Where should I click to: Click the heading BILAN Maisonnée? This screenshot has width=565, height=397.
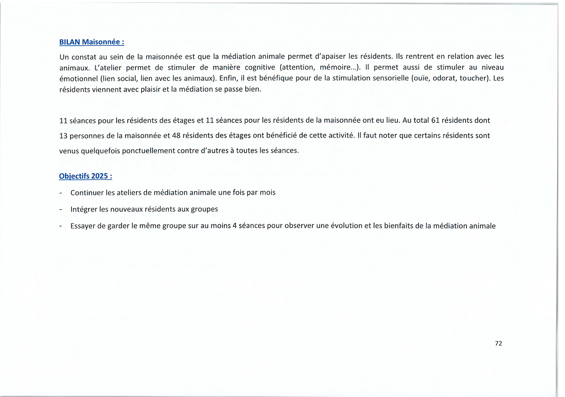[x=92, y=42]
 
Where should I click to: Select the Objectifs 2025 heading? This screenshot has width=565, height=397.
[x=85, y=176]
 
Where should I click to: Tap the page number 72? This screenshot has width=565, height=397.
[x=498, y=343]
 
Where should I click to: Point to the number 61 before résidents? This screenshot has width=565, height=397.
[x=435, y=120]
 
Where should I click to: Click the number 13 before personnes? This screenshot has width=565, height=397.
[x=63, y=136]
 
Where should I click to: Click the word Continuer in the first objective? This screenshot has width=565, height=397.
[x=88, y=192]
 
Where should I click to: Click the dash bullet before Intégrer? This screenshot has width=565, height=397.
[x=60, y=209]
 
